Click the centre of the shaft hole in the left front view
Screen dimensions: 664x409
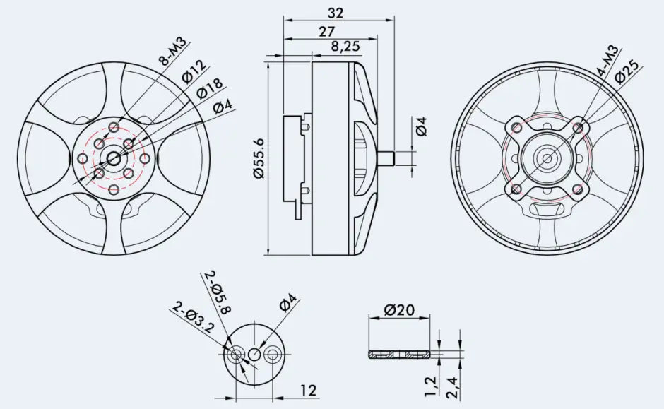(114, 159)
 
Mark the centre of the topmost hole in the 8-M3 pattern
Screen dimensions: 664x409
(114, 127)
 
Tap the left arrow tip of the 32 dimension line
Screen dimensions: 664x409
(284, 20)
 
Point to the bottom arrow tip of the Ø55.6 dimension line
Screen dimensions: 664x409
(268, 255)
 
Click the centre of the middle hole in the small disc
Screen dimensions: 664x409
(254, 355)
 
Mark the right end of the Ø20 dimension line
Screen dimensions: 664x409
(430, 316)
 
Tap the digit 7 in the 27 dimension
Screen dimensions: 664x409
(331, 32)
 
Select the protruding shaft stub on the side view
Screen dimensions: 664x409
(386, 159)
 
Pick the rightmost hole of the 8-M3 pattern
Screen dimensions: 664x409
(145, 159)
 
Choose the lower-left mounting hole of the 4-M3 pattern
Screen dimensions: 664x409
(516, 189)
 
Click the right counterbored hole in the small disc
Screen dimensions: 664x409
(272, 355)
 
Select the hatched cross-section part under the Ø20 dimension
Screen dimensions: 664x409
(399, 354)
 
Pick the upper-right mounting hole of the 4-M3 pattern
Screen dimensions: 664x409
(578, 127)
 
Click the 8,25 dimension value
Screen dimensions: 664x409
(345, 46)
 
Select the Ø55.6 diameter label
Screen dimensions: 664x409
(259, 158)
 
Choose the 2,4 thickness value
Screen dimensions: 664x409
(451, 386)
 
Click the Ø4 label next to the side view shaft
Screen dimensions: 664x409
(421, 126)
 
